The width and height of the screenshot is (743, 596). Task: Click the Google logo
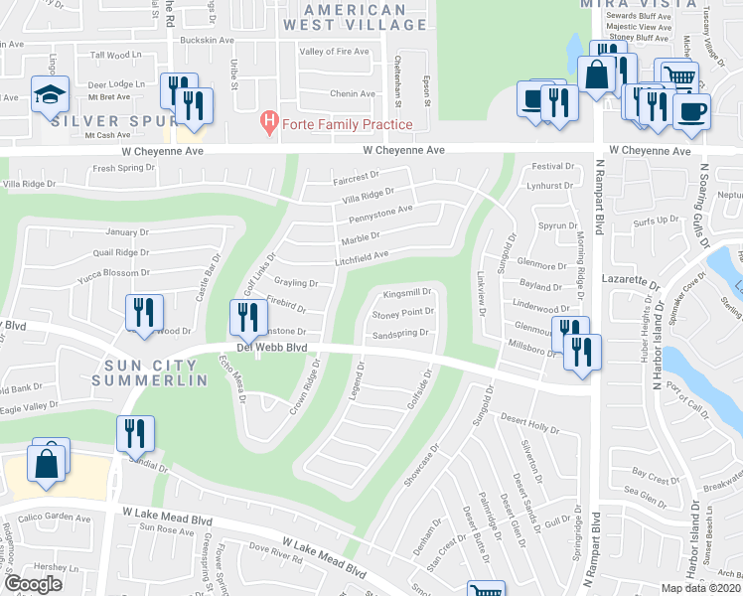point(34,584)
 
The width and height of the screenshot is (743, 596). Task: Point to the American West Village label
point(344,17)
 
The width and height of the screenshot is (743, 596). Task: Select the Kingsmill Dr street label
point(407,293)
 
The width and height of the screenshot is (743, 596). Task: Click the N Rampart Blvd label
point(599,219)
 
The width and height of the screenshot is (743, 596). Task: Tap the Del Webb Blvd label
point(271,348)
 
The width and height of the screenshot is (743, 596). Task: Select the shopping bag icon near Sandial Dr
point(47,462)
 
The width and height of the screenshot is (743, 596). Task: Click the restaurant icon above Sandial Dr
point(132,432)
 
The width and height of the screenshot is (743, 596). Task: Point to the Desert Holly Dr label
point(525,423)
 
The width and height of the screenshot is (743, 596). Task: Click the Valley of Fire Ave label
point(334,52)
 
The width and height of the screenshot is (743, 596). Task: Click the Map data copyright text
point(699,588)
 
